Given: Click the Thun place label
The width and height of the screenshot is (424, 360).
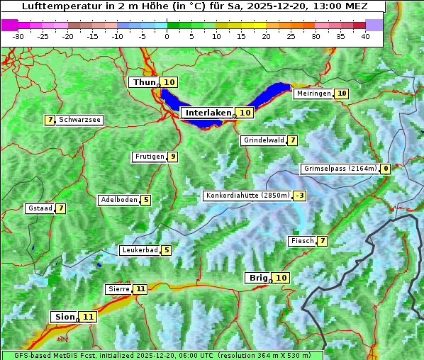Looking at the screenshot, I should pos(144,82).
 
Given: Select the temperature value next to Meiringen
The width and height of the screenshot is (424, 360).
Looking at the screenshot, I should pos(342,94).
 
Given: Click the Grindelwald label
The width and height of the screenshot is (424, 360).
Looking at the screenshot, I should pos(263,140).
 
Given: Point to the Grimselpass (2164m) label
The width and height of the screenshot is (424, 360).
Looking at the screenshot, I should pos(340,169).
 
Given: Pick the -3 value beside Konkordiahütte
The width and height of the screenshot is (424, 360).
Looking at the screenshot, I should pos(300,196).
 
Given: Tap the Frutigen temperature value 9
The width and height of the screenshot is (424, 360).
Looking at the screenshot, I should pos(172,157).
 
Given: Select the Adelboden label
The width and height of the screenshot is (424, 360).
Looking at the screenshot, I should pos(118,200).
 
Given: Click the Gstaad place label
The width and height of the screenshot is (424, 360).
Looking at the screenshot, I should pos(40,208).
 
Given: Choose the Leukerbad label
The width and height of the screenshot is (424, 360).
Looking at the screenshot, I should pos(139,250).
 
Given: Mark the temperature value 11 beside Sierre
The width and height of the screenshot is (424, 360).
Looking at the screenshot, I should pos(140,289).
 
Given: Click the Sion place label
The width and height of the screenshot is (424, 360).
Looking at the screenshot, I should pos(62,317).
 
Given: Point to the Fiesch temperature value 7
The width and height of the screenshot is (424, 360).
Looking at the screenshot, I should pos(323,241).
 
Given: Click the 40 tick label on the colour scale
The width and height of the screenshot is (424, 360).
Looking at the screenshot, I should pos(365,36).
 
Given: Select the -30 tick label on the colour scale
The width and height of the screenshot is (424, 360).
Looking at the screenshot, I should pos(18,36).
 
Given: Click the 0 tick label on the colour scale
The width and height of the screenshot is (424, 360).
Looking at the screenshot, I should pos(167,36).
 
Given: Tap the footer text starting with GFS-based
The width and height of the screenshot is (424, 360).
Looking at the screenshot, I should pos(162,355).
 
